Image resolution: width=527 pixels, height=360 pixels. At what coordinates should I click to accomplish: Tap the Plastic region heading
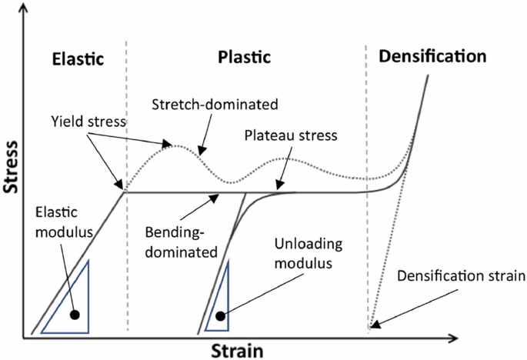tap(245, 58)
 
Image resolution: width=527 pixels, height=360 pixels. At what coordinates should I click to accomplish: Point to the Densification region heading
tap(432, 56)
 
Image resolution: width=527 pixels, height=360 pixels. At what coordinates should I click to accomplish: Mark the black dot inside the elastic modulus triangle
tap(74, 315)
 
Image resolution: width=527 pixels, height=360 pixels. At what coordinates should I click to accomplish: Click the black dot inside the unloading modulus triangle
tap(221, 315)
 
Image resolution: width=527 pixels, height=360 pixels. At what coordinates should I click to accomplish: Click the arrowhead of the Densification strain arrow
tap(372, 327)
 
